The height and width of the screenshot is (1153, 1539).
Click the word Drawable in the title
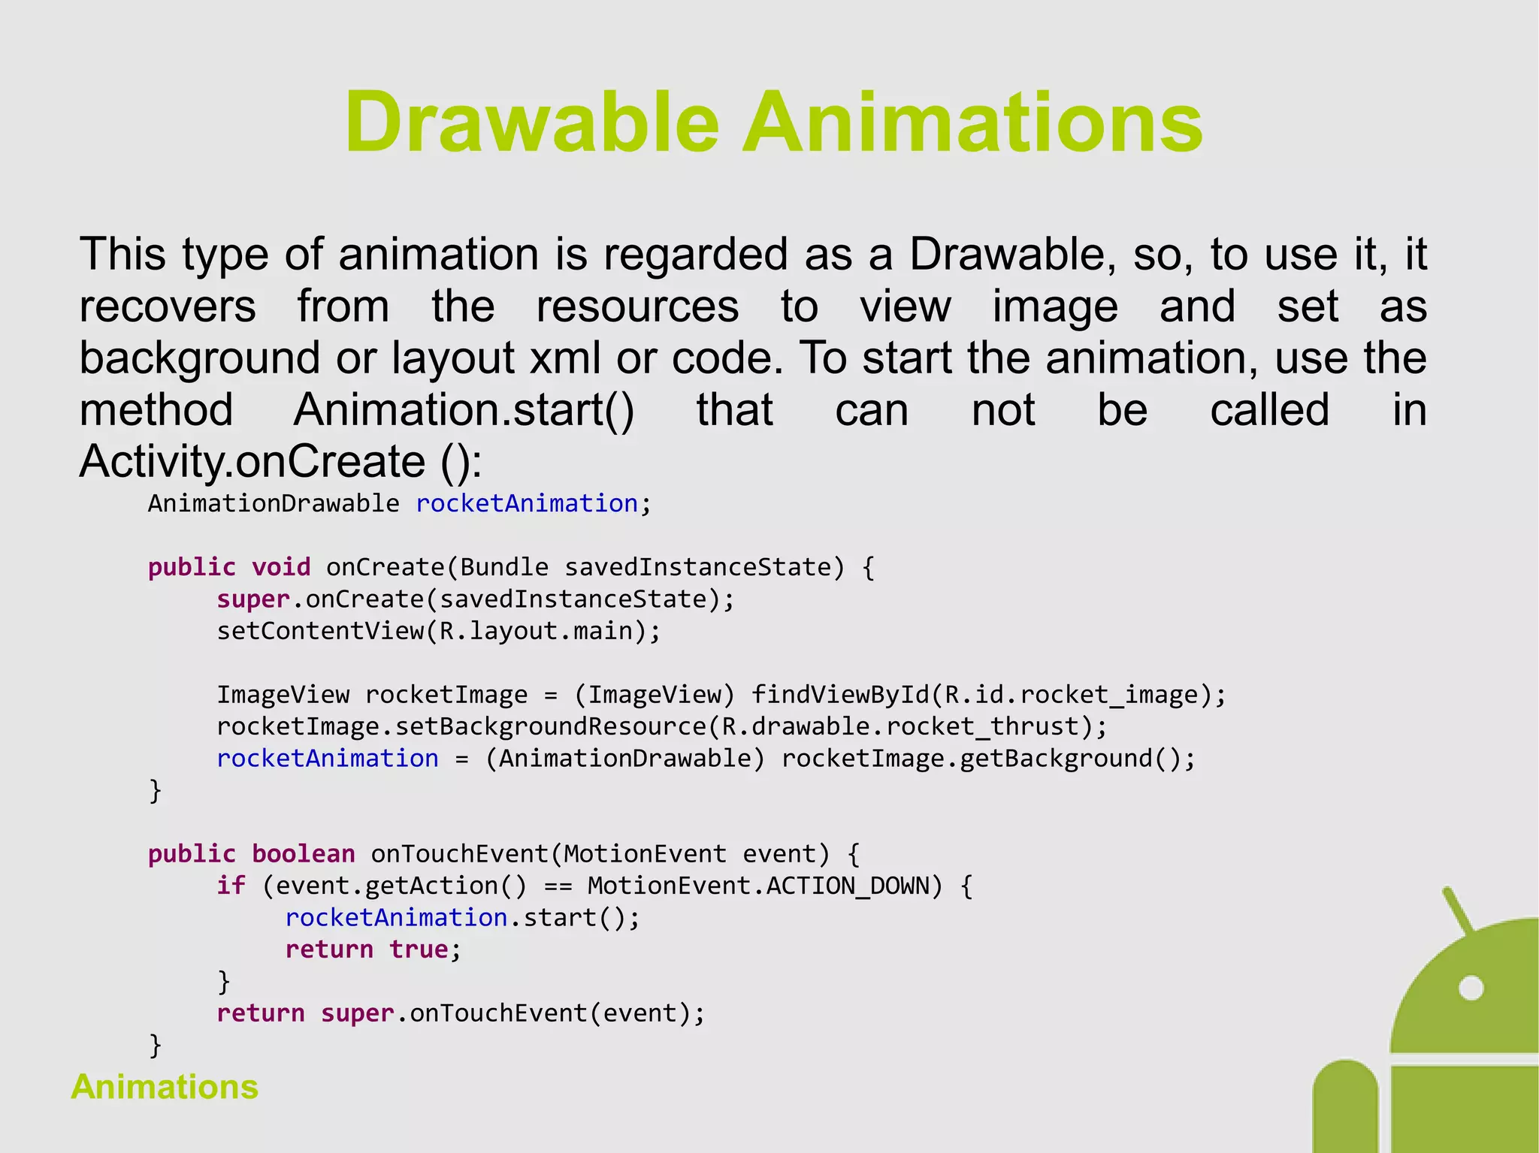click(532, 122)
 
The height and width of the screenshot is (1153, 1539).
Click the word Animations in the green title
click(972, 122)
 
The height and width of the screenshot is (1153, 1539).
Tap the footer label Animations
click(165, 1087)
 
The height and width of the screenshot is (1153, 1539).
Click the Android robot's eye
click(1471, 988)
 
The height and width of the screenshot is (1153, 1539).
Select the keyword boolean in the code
click(303, 854)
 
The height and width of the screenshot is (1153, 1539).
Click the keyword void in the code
click(281, 567)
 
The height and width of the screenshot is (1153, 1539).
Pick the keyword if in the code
click(231, 886)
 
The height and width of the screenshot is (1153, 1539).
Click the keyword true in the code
click(419, 949)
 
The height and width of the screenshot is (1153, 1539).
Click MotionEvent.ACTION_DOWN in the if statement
click(758, 886)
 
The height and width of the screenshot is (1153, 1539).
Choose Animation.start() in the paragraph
click(464, 410)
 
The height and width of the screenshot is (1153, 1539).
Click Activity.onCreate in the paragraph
click(252, 461)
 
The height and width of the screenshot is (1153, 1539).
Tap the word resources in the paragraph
click(637, 306)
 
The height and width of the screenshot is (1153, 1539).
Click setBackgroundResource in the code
click(551, 726)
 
